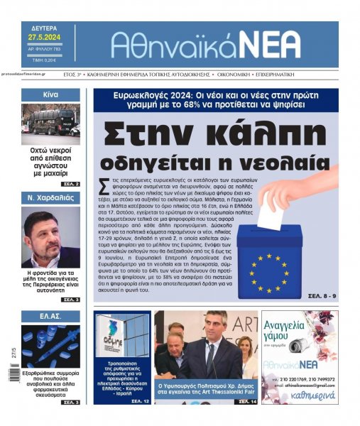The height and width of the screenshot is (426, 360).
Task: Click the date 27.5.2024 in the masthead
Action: click(45, 36)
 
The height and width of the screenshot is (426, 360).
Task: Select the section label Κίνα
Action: click(50, 94)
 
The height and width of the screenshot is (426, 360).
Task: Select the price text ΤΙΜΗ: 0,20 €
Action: click(43, 62)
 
